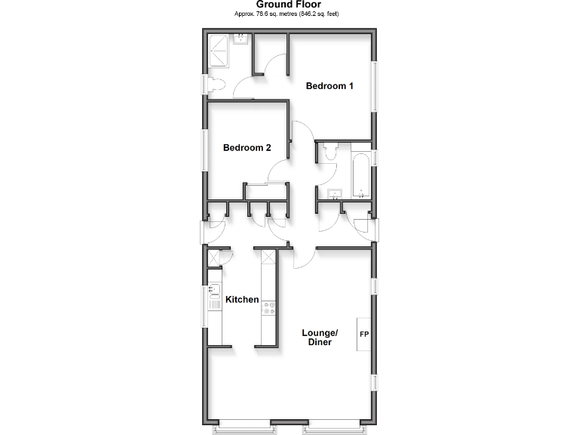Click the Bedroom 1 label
(329, 86)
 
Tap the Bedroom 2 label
(247, 148)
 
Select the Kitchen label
(242, 300)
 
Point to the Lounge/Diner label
(320, 338)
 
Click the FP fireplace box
(363, 334)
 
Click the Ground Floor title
(289, 5)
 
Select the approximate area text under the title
(289, 14)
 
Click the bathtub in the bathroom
(360, 172)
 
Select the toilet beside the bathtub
(329, 153)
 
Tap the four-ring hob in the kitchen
(268, 307)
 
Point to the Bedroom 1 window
(374, 87)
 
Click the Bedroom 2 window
(204, 154)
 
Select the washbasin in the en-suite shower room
(241, 38)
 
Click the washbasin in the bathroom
(335, 193)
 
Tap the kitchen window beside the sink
(204, 306)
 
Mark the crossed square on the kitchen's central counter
(268, 261)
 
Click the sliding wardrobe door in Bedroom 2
(265, 184)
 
